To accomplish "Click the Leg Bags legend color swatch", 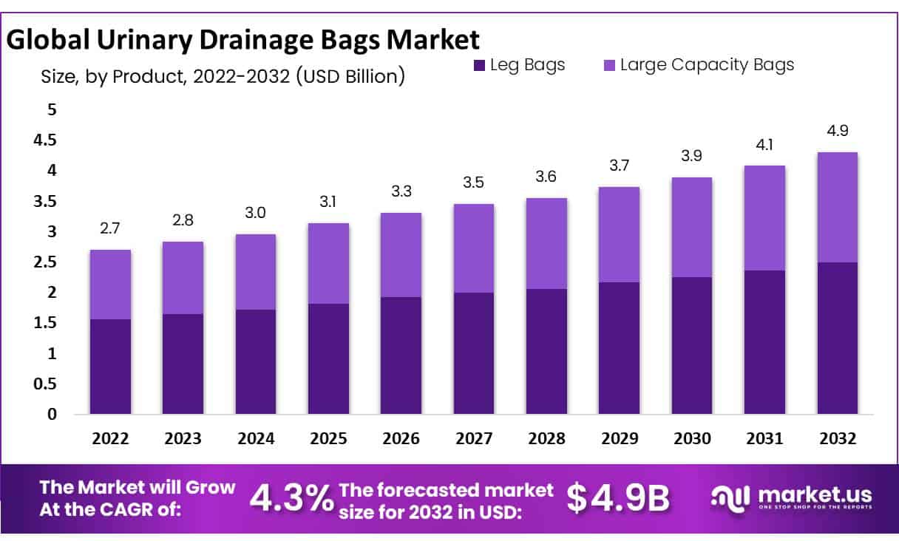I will [x=479, y=66].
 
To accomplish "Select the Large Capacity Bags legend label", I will [x=707, y=65].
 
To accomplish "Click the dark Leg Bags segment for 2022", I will [x=110, y=367].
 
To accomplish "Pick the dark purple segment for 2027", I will [x=473, y=353].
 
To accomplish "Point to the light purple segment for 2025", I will [x=328, y=263].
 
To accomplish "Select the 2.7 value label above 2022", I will [x=110, y=229].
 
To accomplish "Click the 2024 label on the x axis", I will [x=255, y=439].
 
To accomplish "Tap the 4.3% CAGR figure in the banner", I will [x=291, y=499].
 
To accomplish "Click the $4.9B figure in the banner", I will [x=618, y=499].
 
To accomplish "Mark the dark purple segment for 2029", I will [x=619, y=348].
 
